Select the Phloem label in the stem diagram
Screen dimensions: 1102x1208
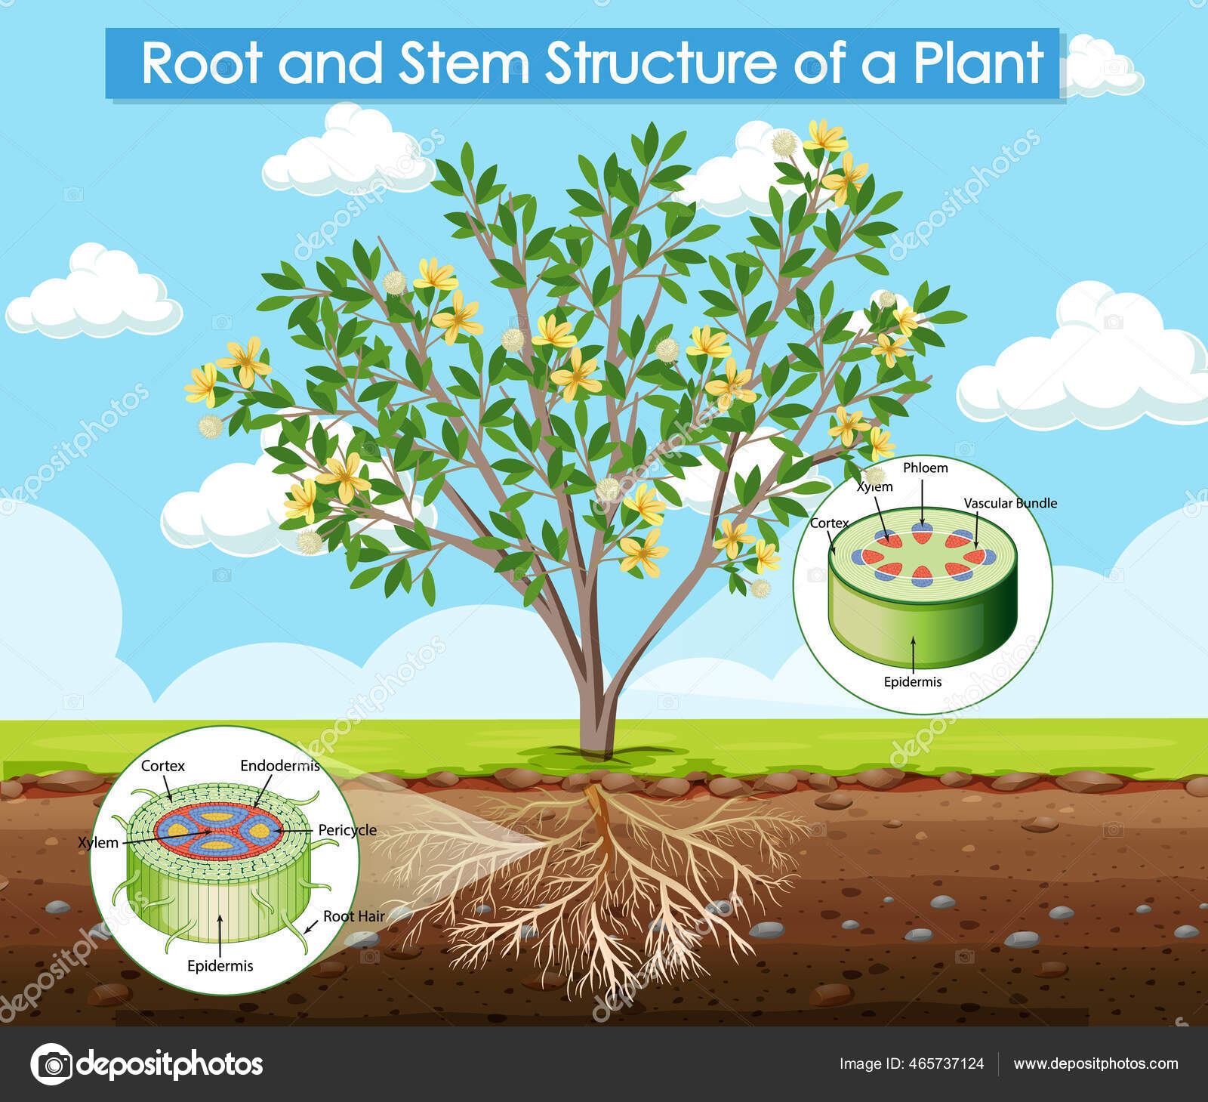[925, 468]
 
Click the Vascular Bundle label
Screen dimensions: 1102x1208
[1010, 503]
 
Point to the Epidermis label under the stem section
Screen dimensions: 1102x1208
[913, 681]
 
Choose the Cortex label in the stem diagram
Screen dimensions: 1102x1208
[829, 523]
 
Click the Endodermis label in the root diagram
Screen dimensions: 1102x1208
[280, 766]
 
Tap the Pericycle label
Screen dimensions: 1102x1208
[347, 830]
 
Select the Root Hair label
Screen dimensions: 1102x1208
[354, 916]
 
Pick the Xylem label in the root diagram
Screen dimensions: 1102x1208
[98, 843]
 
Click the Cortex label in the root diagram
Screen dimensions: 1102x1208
[163, 766]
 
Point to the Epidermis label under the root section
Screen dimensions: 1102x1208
[220, 965]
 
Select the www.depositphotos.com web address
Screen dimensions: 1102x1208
[1096, 1063]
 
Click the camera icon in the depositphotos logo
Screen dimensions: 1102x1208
[51, 1064]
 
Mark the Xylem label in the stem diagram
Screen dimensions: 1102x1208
[875, 487]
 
